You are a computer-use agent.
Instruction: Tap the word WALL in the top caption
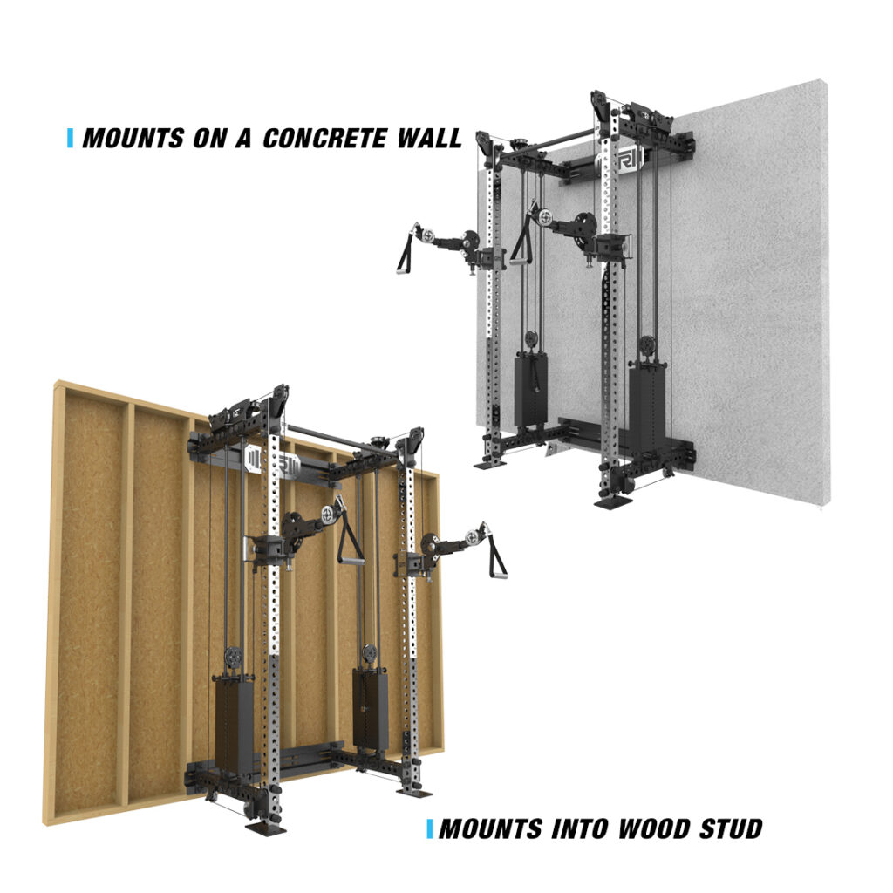click(429, 138)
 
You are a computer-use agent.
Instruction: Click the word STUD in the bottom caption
click(720, 828)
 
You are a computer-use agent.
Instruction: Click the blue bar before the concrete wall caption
click(70, 138)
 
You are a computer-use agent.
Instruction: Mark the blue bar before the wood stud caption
click(429, 828)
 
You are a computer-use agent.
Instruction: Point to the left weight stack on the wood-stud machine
click(231, 719)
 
